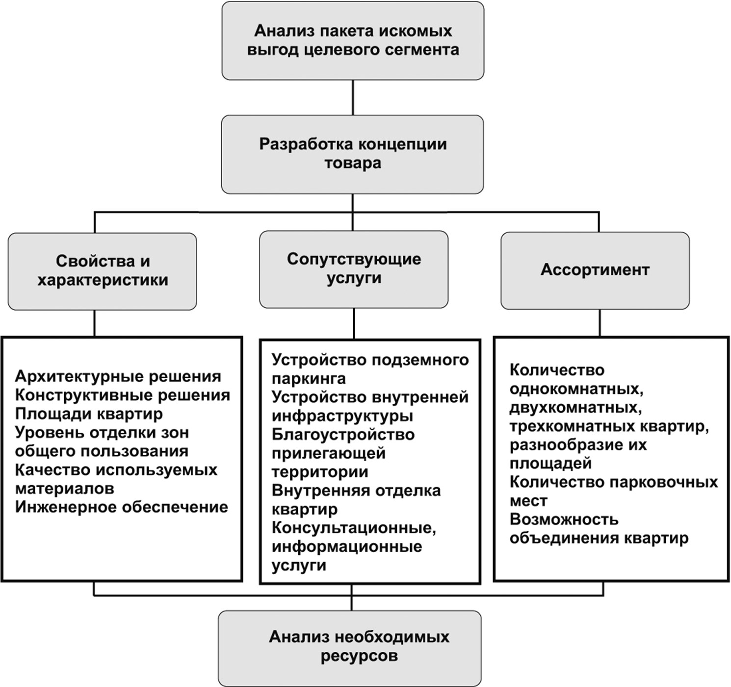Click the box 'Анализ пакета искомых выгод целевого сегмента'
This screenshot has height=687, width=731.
point(353,41)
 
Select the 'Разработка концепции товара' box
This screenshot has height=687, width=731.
point(353,154)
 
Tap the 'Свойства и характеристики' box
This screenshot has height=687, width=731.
point(103,270)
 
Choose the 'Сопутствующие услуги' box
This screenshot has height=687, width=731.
point(354,269)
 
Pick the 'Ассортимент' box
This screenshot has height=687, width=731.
point(595,270)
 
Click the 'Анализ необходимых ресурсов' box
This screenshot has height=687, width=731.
point(350,647)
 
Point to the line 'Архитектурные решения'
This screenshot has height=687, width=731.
point(118,376)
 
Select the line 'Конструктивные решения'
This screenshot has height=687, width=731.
point(123,395)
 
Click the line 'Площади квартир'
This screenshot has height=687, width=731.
point(89,414)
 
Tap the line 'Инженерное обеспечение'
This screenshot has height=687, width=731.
point(122,507)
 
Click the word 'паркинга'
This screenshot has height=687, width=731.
point(309,379)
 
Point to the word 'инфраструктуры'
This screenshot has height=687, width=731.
point(342,416)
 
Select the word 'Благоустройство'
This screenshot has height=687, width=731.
point(343,435)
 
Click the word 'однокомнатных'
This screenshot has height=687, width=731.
point(576,389)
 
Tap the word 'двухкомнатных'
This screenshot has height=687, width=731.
point(574,408)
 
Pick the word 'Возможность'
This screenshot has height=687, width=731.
point(564,519)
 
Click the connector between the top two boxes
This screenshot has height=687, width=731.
point(353,98)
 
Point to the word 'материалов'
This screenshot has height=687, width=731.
point(65,489)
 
